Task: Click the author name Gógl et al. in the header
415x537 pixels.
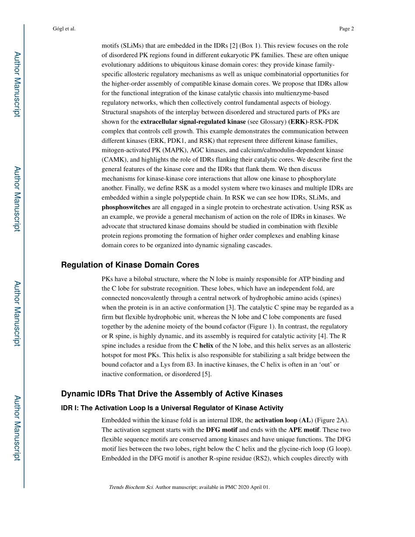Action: (x=64, y=29)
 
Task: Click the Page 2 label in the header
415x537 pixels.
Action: (x=346, y=29)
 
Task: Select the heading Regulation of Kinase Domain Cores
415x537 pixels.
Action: (x=130, y=265)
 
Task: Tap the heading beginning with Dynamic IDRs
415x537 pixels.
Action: (x=172, y=394)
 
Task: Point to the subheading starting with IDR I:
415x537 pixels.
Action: (x=172, y=408)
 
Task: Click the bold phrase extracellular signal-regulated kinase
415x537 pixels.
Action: (x=193, y=122)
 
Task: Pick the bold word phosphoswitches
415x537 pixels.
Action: (x=126, y=207)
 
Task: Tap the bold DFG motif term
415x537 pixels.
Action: (x=221, y=430)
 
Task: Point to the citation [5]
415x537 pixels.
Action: (x=207, y=374)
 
